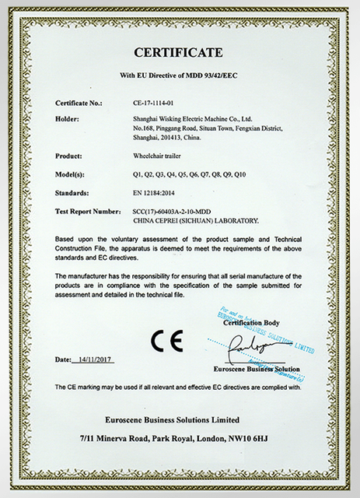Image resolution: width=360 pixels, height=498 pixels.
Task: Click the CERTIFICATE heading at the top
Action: tap(180, 53)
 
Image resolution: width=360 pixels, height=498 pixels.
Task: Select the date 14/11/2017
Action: tap(98, 361)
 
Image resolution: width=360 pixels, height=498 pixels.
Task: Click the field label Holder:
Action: tap(68, 117)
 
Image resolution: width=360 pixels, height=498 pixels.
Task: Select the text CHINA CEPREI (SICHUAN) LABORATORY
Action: tap(193, 220)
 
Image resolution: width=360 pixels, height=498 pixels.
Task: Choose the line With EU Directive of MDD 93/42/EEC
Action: tap(180, 75)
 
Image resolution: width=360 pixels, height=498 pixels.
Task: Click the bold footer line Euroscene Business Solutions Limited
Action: tap(180, 419)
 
